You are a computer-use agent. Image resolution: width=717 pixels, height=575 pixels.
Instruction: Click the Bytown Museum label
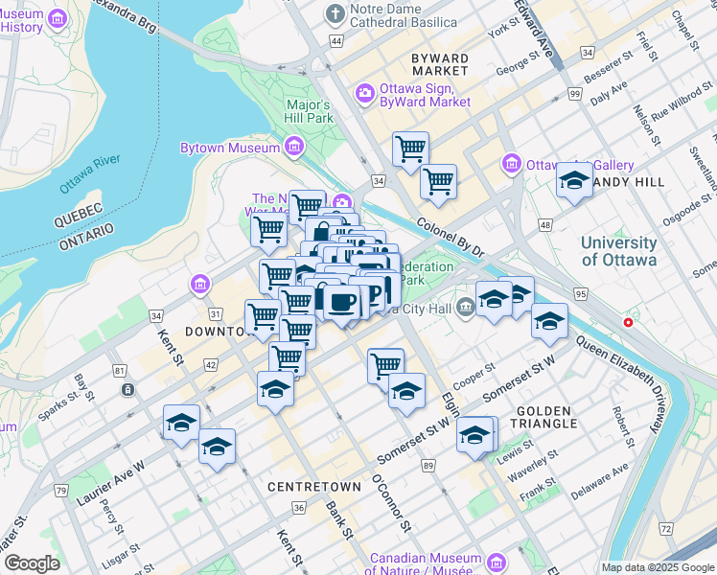tap(230, 148)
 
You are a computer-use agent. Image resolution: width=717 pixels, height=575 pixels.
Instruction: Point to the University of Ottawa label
tap(618, 251)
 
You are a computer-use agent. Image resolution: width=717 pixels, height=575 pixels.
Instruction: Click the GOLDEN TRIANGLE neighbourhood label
tap(546, 416)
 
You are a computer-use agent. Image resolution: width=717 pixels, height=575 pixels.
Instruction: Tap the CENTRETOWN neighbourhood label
tap(314, 487)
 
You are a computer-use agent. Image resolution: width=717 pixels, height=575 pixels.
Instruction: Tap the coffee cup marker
tap(341, 301)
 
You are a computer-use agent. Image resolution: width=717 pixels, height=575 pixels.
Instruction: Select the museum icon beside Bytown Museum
tap(293, 148)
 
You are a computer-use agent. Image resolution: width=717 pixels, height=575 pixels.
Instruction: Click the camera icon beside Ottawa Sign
tap(364, 93)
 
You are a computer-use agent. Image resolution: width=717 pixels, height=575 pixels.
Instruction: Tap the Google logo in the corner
tap(31, 563)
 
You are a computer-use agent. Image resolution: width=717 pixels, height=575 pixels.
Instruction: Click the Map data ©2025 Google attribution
tap(657, 567)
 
